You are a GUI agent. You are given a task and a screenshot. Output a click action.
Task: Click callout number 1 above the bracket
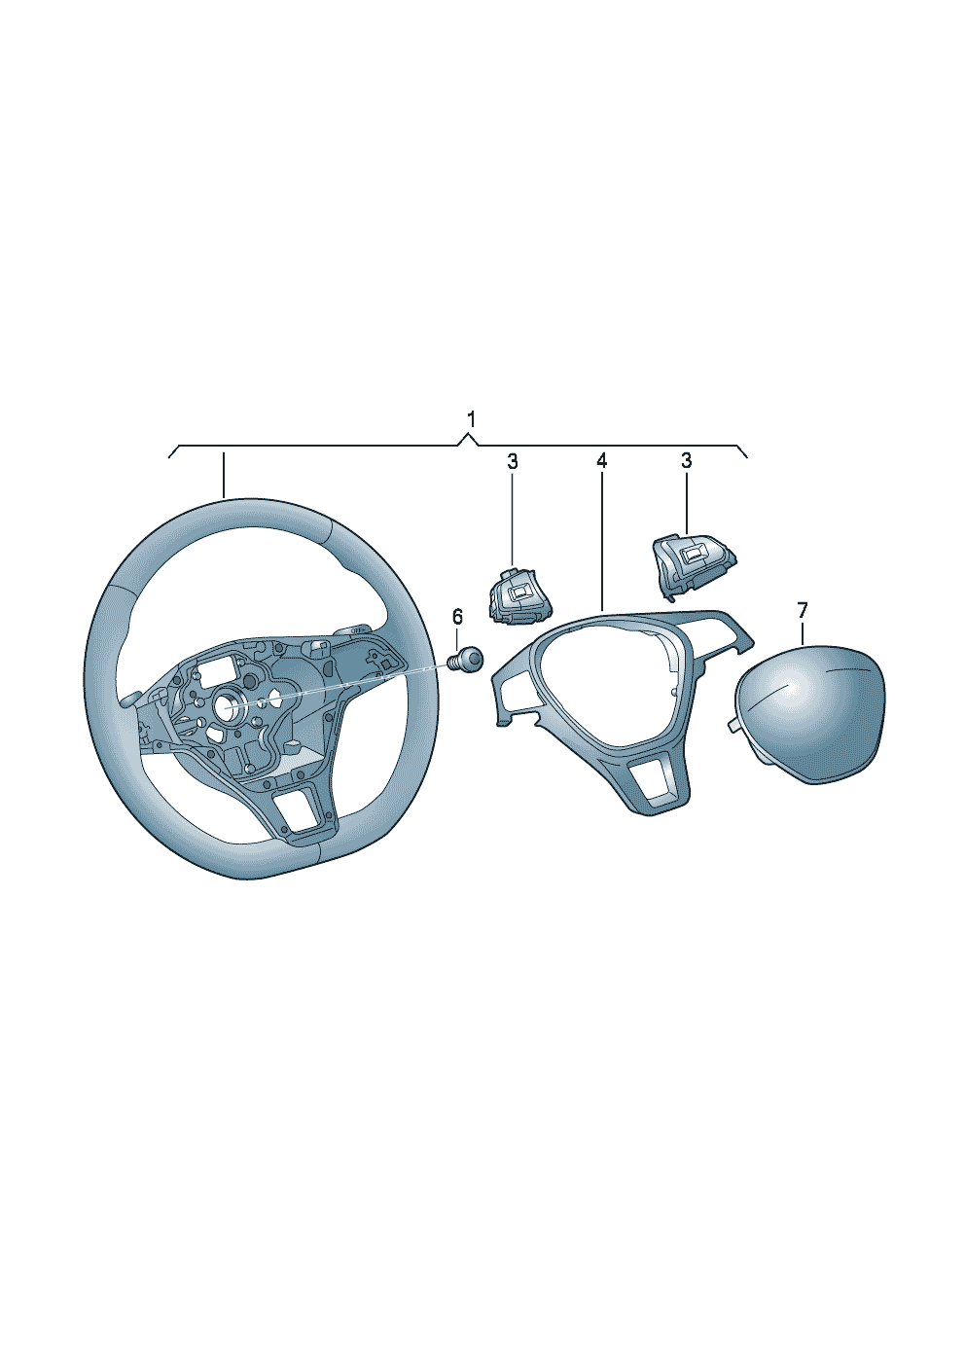click(x=470, y=420)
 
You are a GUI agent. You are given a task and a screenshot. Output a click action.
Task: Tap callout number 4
click(x=601, y=461)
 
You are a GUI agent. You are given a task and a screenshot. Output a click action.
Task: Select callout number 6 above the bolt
click(x=457, y=616)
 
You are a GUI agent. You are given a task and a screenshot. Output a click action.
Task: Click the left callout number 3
click(x=512, y=461)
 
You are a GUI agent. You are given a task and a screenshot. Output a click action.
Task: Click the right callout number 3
click(x=686, y=461)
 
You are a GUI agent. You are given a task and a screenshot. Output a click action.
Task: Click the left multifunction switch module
click(x=519, y=593)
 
